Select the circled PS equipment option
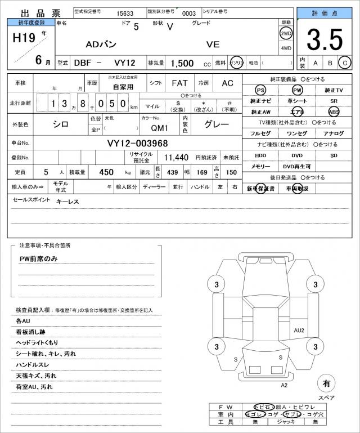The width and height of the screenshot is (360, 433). coord(260,90)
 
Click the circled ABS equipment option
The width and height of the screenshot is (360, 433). coord(334,111)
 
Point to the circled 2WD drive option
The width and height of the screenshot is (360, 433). coord(286,33)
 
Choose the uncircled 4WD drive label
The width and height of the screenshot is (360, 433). coord(286,48)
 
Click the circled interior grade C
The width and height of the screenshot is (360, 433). coord(345,63)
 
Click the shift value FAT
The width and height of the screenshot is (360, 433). coord(179,83)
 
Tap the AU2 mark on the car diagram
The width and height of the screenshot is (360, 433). coord(299,330)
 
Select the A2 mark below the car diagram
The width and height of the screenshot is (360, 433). coord(284,385)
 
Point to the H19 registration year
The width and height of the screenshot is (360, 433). coord(23,37)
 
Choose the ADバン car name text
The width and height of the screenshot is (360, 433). coord(101,44)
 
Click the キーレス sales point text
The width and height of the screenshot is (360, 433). coord(67,201)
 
